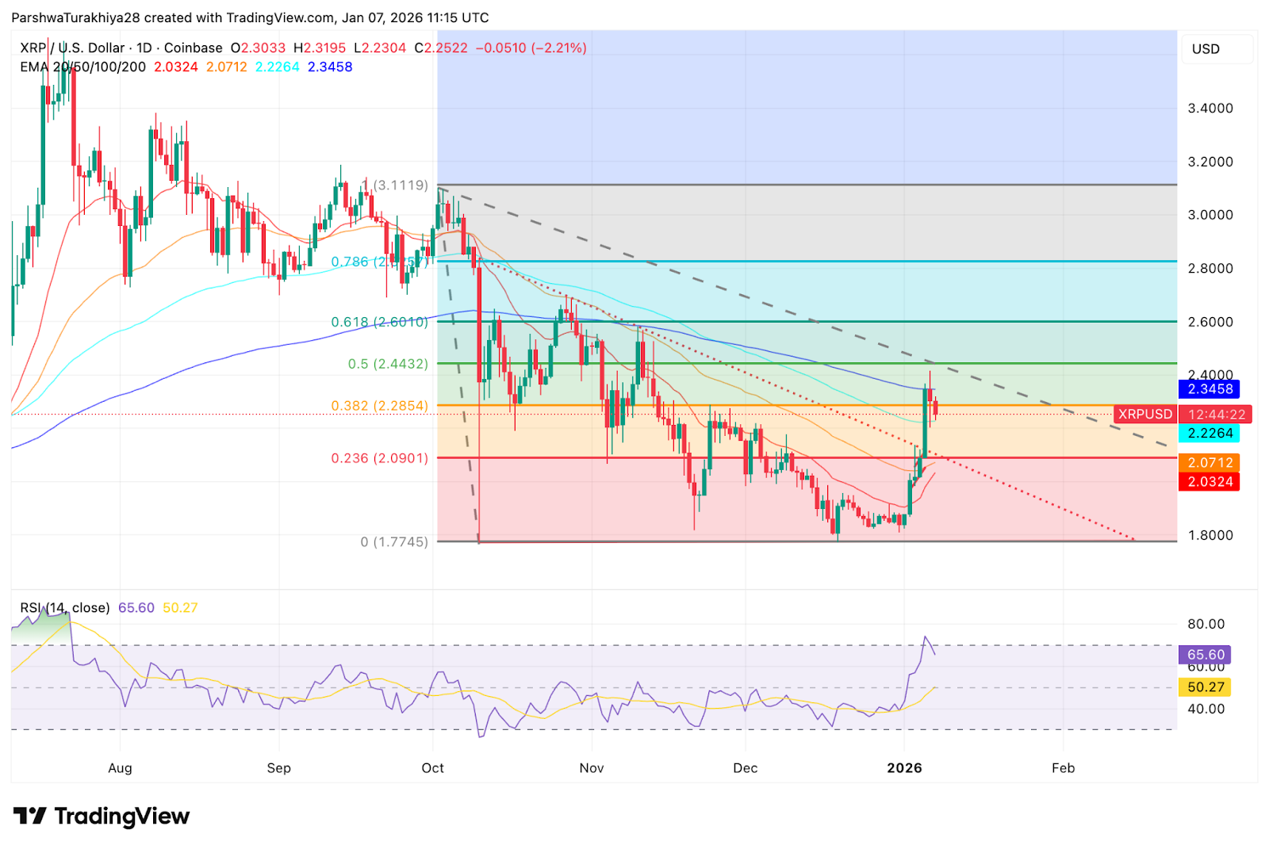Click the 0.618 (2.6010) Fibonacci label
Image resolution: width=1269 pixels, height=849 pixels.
pyautogui.click(x=379, y=322)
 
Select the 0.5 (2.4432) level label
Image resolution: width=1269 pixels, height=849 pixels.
pyautogui.click(x=388, y=364)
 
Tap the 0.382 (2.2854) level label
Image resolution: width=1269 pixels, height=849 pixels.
pyautogui.click(x=379, y=406)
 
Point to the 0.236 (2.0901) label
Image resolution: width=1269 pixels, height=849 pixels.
pyautogui.click(x=379, y=458)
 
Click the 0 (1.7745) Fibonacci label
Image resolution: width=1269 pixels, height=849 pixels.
pyautogui.click(x=393, y=542)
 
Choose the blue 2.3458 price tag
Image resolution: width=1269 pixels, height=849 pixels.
pyautogui.click(x=1210, y=389)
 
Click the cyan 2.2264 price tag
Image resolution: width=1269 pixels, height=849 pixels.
pyautogui.click(x=1210, y=434)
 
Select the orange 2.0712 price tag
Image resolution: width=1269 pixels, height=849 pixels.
pyautogui.click(x=1210, y=463)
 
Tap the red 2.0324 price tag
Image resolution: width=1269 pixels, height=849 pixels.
pyautogui.click(x=1210, y=482)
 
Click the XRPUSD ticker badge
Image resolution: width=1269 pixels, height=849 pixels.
pyautogui.click(x=1144, y=415)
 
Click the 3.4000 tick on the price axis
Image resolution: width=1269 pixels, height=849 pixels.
pyautogui.click(x=1210, y=109)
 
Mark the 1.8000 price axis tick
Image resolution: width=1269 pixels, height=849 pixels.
pyautogui.click(x=1210, y=536)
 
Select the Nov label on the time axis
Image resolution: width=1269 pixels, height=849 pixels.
pyautogui.click(x=592, y=768)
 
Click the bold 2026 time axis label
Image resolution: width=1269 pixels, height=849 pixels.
pyautogui.click(x=904, y=768)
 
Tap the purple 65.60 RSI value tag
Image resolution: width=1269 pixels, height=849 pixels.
pyautogui.click(x=1206, y=655)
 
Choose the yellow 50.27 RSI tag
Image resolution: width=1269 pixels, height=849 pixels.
pyautogui.click(x=1206, y=687)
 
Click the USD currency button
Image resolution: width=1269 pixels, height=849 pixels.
pyautogui.click(x=1206, y=49)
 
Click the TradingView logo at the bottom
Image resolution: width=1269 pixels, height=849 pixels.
pyautogui.click(x=102, y=816)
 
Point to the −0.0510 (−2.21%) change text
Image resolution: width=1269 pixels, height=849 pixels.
pyautogui.click(x=531, y=48)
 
